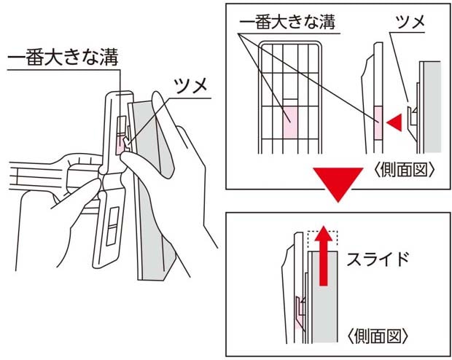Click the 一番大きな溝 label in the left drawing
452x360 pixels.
coord(63,58)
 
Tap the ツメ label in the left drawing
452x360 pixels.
coord(191,85)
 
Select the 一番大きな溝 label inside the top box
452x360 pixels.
coord(287,22)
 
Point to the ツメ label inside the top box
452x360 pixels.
coord(410,21)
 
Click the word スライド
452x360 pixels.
coord(378,259)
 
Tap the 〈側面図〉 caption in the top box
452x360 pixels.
coord(404,171)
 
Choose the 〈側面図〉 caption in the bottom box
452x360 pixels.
coord(378,336)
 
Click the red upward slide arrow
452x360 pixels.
coord(323,255)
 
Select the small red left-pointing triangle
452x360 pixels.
coord(394,122)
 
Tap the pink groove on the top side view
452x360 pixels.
coord(378,123)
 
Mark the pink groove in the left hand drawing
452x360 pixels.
coord(121,146)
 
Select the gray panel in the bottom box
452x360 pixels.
coord(325,297)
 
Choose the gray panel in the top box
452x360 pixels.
coord(432,107)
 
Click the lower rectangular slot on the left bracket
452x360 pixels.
coord(112,226)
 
